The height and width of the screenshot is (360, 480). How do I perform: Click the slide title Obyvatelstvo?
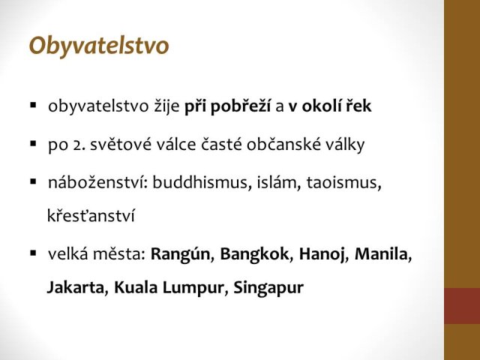click(99, 46)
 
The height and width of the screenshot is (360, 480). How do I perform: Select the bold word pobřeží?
click(240, 106)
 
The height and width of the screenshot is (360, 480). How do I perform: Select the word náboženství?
click(98, 182)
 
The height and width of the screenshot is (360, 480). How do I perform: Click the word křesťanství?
click(91, 215)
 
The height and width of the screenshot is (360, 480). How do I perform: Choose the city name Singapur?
click(268, 288)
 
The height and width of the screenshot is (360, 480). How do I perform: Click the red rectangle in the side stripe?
click(462, 306)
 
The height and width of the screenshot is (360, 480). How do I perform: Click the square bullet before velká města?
click(33, 253)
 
